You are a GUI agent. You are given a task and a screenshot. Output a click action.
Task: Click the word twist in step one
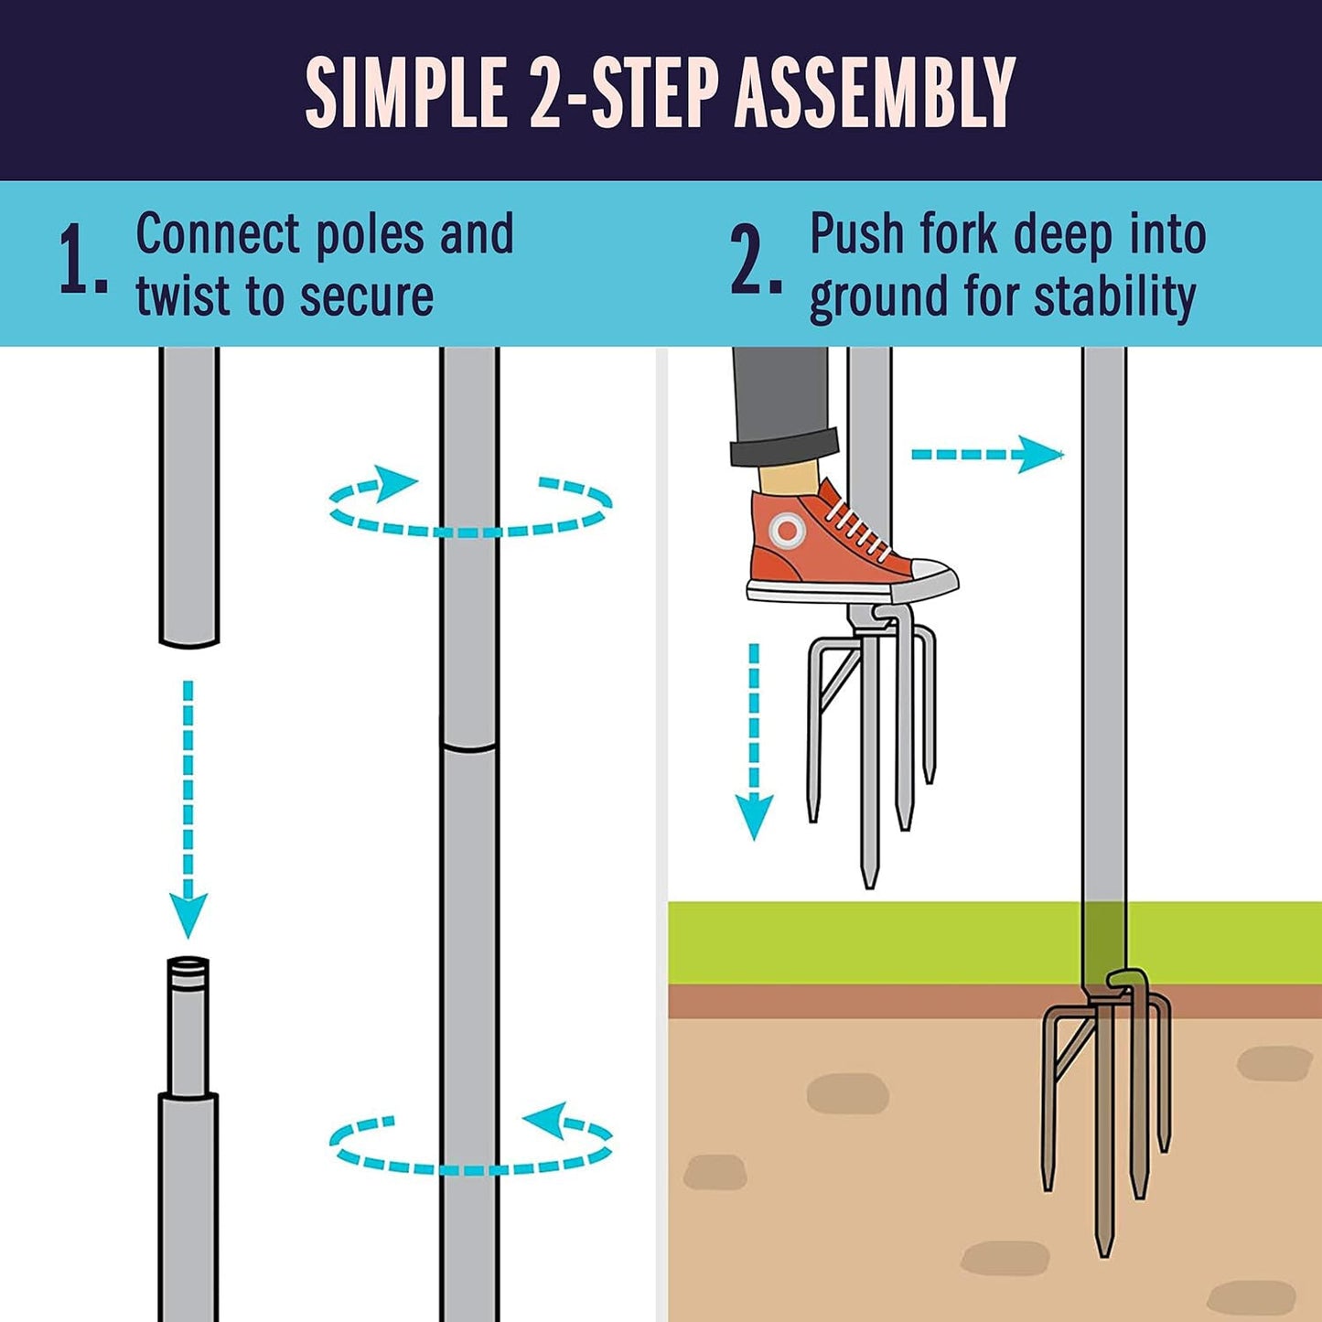point(183,296)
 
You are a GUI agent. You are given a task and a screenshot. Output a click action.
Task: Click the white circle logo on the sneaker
point(785,530)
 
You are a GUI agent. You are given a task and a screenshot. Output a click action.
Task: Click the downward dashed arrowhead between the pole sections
point(188,915)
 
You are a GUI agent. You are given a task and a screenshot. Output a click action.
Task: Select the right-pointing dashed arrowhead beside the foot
point(1041,455)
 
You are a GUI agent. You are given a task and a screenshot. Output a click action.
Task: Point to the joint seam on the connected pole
point(469,748)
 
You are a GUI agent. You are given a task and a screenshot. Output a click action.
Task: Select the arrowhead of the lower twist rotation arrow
point(544,1120)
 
